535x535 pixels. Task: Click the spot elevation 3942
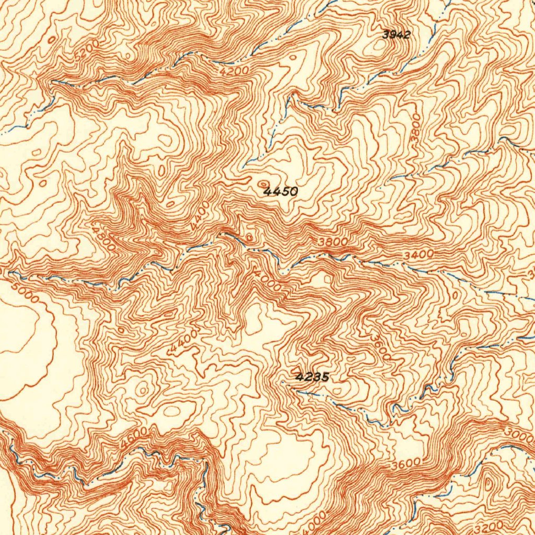[x=396, y=35]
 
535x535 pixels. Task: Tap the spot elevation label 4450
[x=281, y=192]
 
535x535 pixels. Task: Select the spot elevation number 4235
[x=312, y=377]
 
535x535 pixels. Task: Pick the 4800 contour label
[x=102, y=238]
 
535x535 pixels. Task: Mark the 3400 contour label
[x=419, y=254]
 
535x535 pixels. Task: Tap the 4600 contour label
[x=133, y=437]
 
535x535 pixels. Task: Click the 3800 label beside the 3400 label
[x=332, y=242]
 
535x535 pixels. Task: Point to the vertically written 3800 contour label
[x=415, y=131]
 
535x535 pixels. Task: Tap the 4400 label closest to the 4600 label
[x=183, y=343]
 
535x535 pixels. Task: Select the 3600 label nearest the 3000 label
[x=406, y=463]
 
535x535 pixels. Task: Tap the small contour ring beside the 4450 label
[x=262, y=184]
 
